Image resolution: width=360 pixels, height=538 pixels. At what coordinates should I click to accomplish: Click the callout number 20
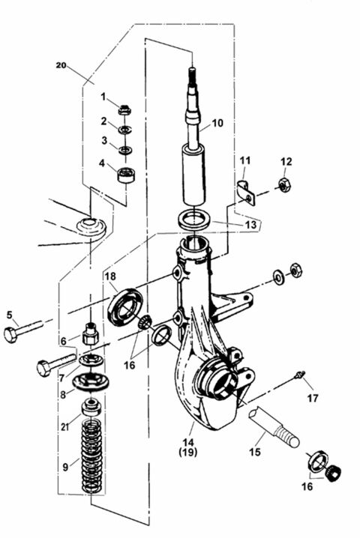[x=61, y=66]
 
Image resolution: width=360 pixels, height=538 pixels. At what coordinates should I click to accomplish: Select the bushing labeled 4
[x=124, y=176]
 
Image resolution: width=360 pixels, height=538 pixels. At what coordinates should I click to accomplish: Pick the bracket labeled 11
[x=244, y=191]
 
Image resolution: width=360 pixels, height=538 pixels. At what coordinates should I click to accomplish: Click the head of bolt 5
[x=10, y=334]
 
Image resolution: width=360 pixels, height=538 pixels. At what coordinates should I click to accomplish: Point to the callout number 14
[x=197, y=441]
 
